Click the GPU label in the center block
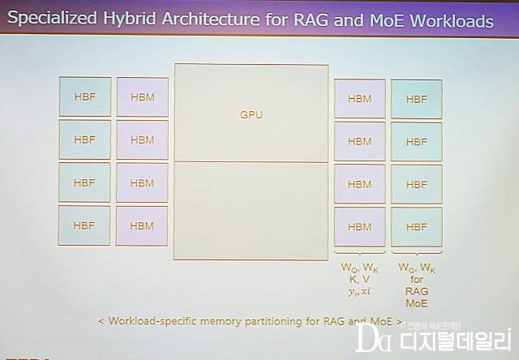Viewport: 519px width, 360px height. [x=251, y=114]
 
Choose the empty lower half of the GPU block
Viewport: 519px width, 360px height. [x=251, y=210]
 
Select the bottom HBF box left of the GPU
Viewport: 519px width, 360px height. [x=84, y=225]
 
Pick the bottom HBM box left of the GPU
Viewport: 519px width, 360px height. [x=142, y=225]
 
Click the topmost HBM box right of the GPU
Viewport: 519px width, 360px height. [x=360, y=99]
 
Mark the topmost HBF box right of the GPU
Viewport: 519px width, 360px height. [x=416, y=99]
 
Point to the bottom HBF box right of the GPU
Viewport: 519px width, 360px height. [x=416, y=227]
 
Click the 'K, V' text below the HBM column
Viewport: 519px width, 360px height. [x=359, y=278]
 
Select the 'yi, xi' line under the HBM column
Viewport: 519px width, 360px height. [x=359, y=291]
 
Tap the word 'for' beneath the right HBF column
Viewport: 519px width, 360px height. [x=417, y=278]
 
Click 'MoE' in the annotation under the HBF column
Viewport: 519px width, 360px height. [x=417, y=302]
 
